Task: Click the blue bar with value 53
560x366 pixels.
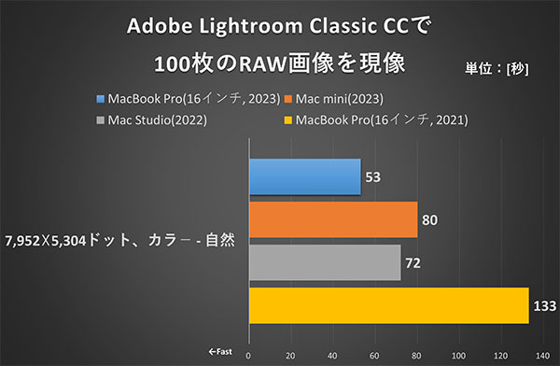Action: pyautogui.click(x=304, y=176)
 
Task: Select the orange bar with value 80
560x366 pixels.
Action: pyautogui.click(x=332, y=219)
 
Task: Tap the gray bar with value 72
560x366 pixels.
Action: pyautogui.click(x=324, y=262)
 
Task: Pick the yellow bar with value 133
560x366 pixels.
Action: pyautogui.click(x=388, y=305)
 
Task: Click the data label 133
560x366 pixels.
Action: pyautogui.click(x=546, y=306)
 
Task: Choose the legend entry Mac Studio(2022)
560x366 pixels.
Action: pyautogui.click(x=152, y=120)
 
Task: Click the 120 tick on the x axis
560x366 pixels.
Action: pyautogui.click(x=503, y=355)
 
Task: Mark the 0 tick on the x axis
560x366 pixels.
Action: pyautogui.click(x=248, y=355)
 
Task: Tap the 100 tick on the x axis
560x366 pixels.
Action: pyautogui.click(x=461, y=355)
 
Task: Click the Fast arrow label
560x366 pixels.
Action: pyautogui.click(x=221, y=354)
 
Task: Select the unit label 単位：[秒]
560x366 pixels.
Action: pyautogui.click(x=501, y=67)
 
